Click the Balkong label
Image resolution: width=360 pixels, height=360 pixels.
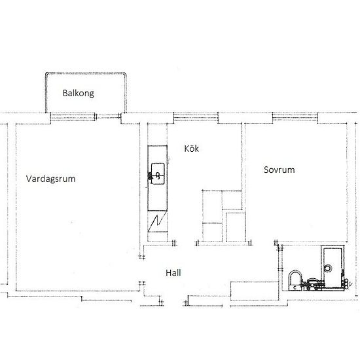point(79,93)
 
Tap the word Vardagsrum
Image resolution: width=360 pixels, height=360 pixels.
point(51,179)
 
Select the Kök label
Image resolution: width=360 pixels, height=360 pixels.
point(192,149)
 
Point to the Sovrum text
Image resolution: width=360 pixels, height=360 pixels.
point(279,170)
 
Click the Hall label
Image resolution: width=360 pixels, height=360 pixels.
point(173,273)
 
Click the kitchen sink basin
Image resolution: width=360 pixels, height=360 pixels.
point(158,173)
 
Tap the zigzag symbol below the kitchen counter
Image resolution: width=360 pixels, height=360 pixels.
point(157,223)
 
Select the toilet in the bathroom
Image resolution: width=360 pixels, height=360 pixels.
point(295,280)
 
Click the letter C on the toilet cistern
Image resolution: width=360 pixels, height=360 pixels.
point(295,287)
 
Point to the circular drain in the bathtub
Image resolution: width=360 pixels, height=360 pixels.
point(328,268)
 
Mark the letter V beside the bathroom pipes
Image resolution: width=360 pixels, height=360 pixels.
point(350,285)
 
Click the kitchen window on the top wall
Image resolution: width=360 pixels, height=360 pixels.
point(196,117)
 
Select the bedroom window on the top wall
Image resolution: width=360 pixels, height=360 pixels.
point(295,117)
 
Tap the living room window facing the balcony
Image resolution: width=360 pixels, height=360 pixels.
point(73,117)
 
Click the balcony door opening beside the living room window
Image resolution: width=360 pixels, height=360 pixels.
point(108,117)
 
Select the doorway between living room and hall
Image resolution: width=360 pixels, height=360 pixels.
point(142,270)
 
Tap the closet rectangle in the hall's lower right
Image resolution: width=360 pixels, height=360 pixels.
point(255,291)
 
